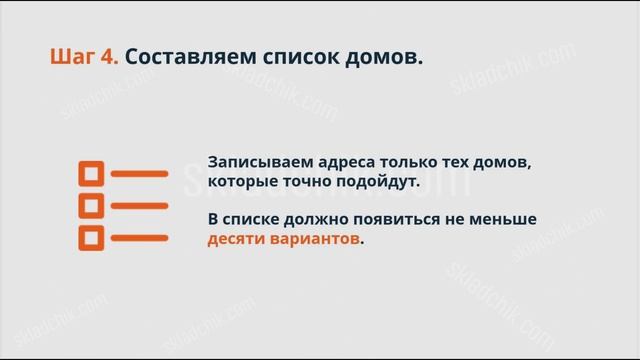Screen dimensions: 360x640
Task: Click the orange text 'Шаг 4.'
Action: coord(83,57)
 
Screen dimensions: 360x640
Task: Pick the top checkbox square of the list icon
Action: coord(91,174)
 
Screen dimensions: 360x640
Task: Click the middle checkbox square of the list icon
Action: coord(91,206)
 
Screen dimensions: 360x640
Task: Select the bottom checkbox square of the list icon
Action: coord(91,238)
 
